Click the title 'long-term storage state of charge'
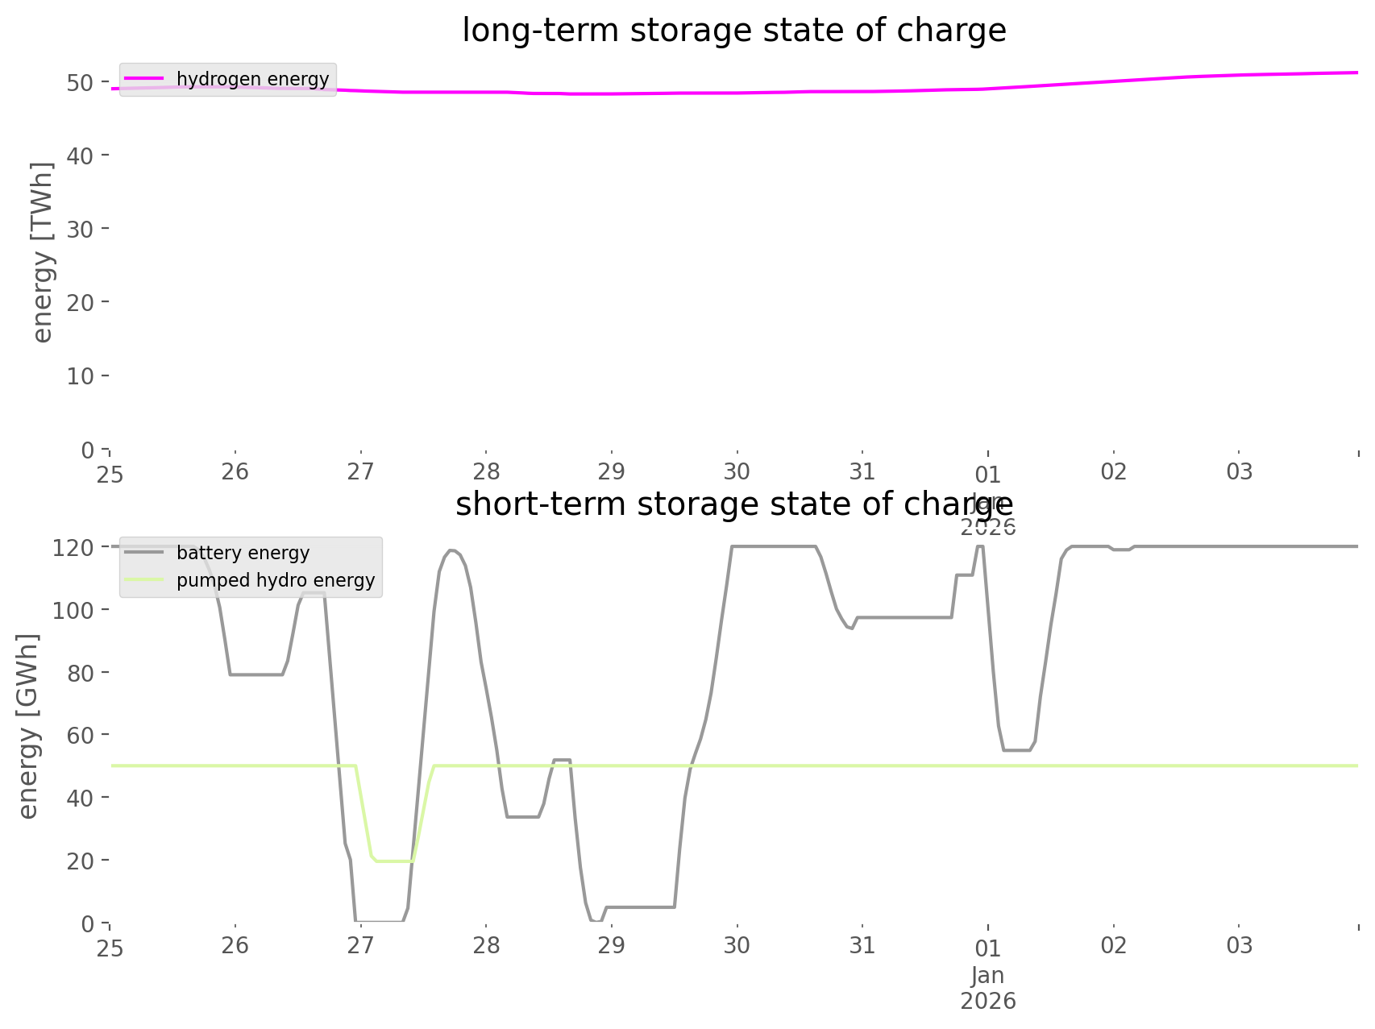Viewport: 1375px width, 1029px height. coord(733,31)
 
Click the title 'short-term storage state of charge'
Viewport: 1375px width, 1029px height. coord(733,504)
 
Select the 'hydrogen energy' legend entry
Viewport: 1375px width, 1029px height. coord(252,79)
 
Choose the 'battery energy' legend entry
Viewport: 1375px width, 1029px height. coord(243,553)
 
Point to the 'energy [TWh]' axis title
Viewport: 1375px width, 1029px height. coord(43,252)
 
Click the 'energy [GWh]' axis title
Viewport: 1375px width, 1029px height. coord(28,727)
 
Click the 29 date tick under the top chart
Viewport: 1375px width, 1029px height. coord(612,471)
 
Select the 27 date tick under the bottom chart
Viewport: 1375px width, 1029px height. coord(361,945)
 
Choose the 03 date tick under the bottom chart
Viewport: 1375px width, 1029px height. coord(1240,945)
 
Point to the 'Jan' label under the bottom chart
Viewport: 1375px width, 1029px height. coord(988,976)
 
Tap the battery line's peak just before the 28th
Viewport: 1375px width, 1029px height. coord(452,550)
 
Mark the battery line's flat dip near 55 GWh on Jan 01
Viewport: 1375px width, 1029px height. coord(1016,750)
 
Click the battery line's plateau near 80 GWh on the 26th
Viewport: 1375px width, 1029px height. coord(256,674)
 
